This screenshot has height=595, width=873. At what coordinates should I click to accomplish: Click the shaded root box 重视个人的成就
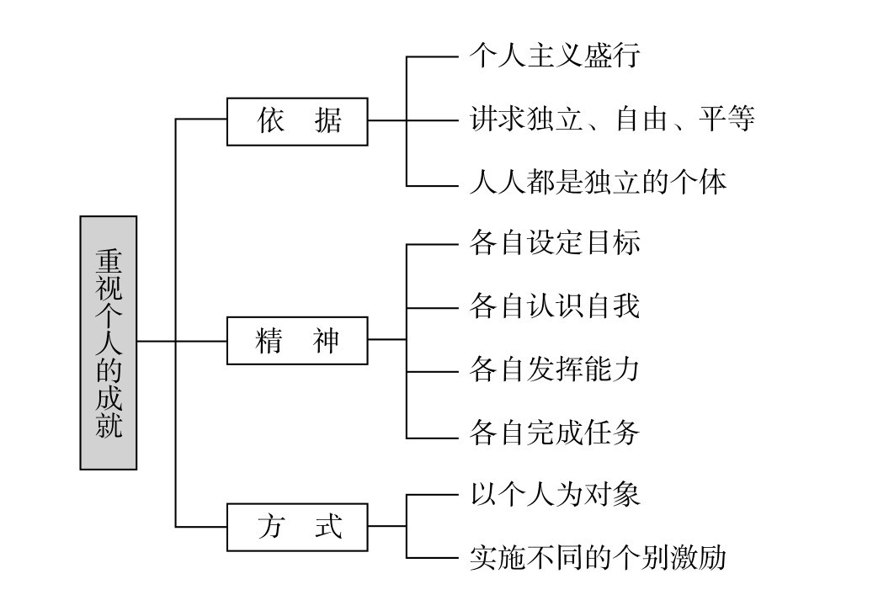coord(109,342)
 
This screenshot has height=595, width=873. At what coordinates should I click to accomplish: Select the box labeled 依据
coord(297,121)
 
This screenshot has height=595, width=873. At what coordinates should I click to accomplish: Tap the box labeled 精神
coord(297,340)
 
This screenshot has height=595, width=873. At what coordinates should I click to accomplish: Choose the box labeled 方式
coord(297,528)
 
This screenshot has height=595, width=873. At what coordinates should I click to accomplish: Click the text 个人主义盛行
coord(555,56)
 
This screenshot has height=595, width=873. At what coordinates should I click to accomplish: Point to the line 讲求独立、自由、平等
coord(611,120)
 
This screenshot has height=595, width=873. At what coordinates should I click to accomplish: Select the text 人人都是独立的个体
coord(597,182)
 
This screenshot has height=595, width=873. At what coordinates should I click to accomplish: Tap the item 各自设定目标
coord(555,243)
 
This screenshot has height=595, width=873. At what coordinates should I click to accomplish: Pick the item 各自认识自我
coord(555,306)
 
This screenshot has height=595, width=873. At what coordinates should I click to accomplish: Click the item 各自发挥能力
coord(555,370)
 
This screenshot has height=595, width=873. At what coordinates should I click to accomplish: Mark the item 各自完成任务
coord(555,433)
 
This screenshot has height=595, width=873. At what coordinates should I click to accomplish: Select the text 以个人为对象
coord(555,493)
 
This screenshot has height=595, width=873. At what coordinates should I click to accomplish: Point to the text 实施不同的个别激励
coord(597,557)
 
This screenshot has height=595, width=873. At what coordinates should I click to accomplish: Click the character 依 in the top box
coord(270,121)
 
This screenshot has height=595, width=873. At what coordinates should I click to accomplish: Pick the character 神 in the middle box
coord(326,340)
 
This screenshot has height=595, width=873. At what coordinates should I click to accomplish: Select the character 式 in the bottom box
coord(326,528)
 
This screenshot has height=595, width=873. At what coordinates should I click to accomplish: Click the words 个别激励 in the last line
coord(682,557)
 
